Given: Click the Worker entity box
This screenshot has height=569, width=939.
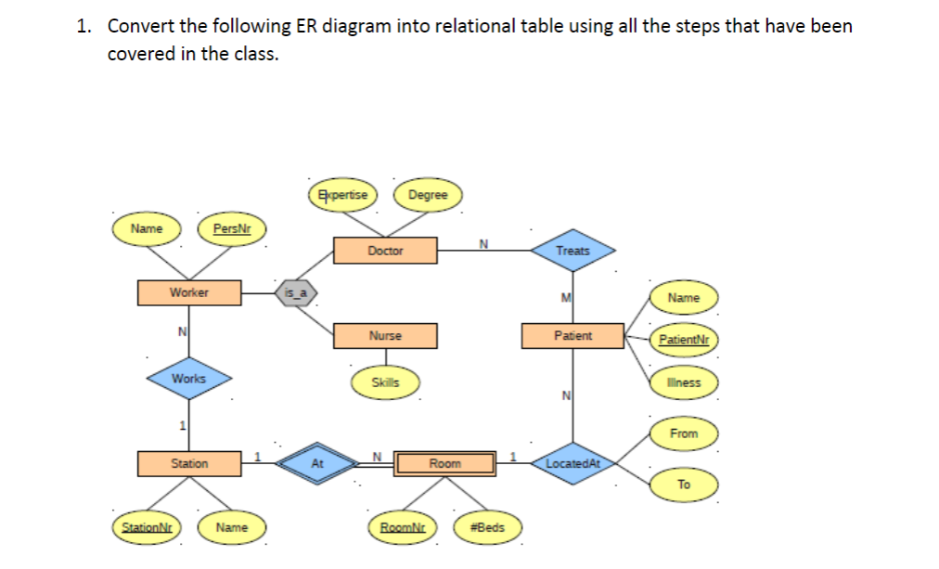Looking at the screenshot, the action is point(189,293).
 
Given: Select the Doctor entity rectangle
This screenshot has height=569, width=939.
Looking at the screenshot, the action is point(385,251).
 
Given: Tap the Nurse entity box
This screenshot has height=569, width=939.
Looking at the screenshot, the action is point(385,336).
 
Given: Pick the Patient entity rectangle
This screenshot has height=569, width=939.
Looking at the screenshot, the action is point(573,336).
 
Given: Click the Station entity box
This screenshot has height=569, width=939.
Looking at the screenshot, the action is point(189,463).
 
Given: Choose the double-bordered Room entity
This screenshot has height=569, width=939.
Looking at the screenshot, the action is point(445,463).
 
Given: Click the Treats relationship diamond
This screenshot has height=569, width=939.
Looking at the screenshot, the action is point(573,251).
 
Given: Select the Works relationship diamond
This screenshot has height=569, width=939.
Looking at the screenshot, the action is point(189,379).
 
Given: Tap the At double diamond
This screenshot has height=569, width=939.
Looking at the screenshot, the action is point(317,463).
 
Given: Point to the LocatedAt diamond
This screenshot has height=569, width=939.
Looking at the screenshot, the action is point(573,463).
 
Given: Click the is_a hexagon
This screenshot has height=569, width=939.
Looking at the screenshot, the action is point(296,293).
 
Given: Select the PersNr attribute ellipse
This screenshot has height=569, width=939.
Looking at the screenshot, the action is point(232,228).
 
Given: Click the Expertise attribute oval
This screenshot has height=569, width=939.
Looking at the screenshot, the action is point(342,195).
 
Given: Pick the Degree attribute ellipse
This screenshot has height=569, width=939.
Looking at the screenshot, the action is point(428,195).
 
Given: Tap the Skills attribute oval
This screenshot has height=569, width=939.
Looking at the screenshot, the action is point(385,382).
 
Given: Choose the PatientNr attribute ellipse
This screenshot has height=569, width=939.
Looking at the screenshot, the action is point(684,340).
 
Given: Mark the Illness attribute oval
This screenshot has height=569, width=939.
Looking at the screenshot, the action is point(684,382).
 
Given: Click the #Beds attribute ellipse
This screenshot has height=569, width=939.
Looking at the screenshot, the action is point(487,527).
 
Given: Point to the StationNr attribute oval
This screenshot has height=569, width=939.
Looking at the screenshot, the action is point(147,527).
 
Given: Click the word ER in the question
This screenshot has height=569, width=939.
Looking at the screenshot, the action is point(306,26).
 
